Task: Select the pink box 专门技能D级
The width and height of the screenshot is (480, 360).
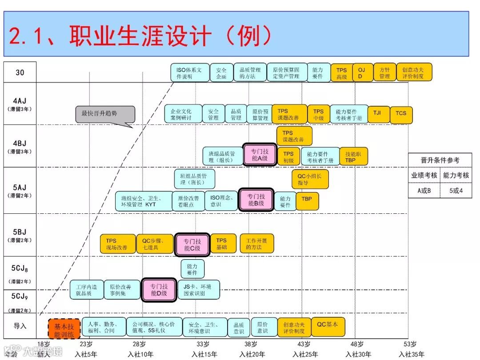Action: (159, 290)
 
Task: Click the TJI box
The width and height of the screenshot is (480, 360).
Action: (377, 113)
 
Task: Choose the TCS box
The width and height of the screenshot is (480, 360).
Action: (401, 113)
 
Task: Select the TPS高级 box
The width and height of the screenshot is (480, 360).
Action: (341, 73)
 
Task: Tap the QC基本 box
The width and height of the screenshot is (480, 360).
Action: (328, 325)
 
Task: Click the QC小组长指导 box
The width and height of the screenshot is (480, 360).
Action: (309, 179)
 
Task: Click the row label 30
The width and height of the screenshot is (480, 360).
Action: (20, 72)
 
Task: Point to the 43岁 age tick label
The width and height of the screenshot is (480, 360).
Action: (304, 344)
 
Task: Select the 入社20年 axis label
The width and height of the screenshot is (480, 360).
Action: (252, 354)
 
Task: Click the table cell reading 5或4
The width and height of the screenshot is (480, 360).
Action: (456, 190)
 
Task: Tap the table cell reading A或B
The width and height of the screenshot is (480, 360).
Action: (424, 190)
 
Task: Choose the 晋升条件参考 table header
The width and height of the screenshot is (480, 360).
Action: (440, 160)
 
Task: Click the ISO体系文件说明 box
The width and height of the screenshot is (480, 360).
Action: (190, 73)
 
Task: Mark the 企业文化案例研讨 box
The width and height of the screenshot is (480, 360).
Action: (183, 114)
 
